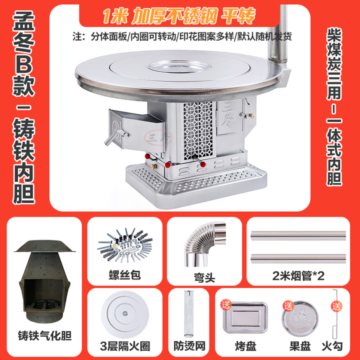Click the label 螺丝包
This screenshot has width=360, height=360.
(124, 275)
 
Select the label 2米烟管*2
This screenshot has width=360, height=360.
(298, 275)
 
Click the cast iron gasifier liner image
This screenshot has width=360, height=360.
(44, 281)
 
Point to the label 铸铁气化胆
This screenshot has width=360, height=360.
(45, 335)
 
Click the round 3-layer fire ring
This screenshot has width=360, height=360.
(124, 313)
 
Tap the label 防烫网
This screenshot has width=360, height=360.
(189, 346)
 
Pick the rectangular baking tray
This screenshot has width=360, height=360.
(245, 317)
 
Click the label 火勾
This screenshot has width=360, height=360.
(332, 346)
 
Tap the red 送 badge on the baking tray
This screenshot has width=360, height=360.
(226, 305)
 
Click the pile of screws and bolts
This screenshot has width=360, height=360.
(125, 244)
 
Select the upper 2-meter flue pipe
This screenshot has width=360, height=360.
(298, 235)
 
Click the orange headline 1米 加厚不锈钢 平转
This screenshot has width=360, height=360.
(179, 15)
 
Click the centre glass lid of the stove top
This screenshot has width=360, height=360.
(179, 66)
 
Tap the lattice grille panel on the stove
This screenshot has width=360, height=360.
(198, 130)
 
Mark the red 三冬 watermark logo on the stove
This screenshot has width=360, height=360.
(158, 138)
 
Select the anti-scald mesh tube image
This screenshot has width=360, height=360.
(188, 313)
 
